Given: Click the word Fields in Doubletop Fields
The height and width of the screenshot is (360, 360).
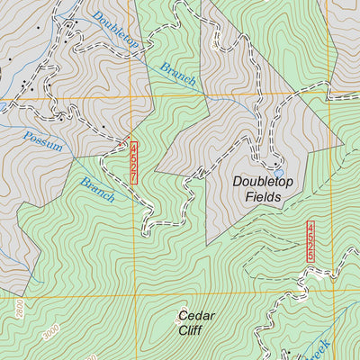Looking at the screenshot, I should click(268, 197).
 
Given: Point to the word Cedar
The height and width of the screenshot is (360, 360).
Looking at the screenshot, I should click(195, 316).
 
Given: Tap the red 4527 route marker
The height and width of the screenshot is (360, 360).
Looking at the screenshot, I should click(134, 163).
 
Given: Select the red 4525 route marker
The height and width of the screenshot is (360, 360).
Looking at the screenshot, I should click(310, 241).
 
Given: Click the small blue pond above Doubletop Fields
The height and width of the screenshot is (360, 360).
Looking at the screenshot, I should click(278, 170).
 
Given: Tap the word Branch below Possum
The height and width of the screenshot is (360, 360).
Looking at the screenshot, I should click(97, 188).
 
